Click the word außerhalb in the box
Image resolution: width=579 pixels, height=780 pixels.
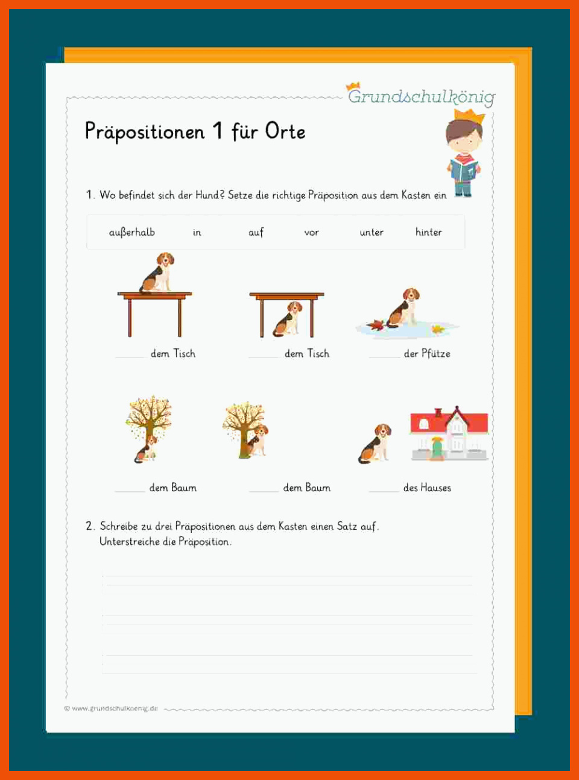tap(132, 233)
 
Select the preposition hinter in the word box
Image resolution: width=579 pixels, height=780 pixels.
tap(428, 232)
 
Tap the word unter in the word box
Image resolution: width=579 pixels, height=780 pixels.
tap(372, 233)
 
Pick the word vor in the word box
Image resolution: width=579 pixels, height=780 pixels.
tap(311, 233)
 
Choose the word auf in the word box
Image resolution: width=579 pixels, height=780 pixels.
tap(256, 232)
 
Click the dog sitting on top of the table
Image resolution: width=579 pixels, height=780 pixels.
tap(157, 272)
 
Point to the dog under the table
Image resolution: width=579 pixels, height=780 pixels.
tap(288, 319)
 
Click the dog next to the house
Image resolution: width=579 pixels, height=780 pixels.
tap(375, 444)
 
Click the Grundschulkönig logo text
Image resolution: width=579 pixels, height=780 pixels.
tap(422, 96)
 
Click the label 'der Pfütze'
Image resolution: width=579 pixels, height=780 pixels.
tap(427, 353)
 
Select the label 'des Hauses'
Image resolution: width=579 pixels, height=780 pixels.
tap(427, 488)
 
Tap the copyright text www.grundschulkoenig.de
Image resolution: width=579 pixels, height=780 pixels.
tap(115, 708)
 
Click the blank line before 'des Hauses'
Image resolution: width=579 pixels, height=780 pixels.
tap(384, 491)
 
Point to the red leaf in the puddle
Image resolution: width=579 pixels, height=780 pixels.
tap(375, 324)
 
